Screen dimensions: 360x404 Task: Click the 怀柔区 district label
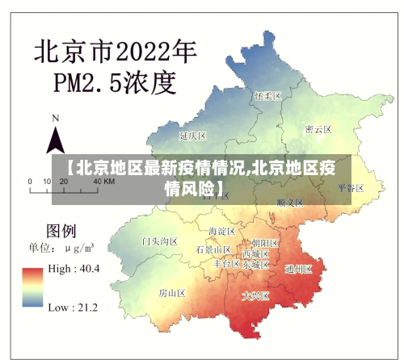click(267, 95)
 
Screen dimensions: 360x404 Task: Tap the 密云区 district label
click(318, 129)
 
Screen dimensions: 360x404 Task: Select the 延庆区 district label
click(194, 136)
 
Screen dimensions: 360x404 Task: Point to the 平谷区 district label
click(351, 187)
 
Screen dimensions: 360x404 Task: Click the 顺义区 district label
click(289, 202)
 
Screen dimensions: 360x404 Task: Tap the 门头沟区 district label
click(159, 241)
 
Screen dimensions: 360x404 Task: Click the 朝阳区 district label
click(264, 243)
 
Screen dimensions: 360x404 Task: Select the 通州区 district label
click(298, 270)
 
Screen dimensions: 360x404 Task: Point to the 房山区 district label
click(172, 292)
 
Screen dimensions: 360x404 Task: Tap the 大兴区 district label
click(257, 296)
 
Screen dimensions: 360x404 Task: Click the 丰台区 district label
click(226, 264)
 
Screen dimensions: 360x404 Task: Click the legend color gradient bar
click(33, 287)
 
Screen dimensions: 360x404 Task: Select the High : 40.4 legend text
click(74, 268)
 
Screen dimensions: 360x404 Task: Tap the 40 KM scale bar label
click(103, 182)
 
